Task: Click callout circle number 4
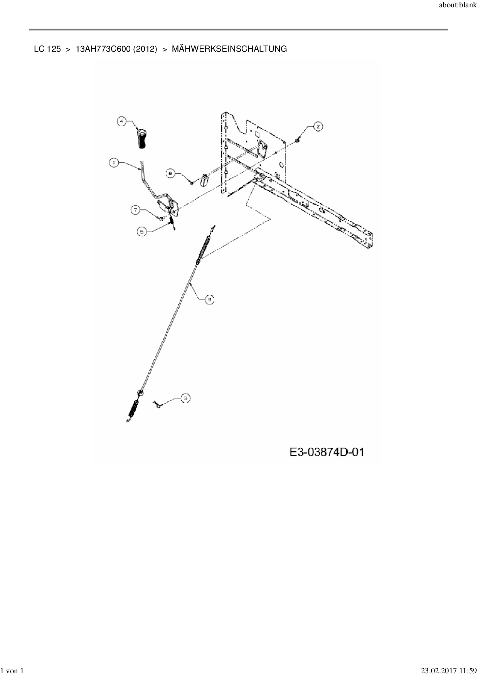(x=122, y=121)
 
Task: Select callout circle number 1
(x=114, y=163)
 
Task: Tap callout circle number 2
(x=318, y=126)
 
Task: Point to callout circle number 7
(x=136, y=210)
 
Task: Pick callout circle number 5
(x=142, y=232)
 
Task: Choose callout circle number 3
(x=185, y=399)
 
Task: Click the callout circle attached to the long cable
(x=209, y=299)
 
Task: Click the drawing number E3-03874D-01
(x=327, y=452)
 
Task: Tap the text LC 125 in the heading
(x=47, y=49)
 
